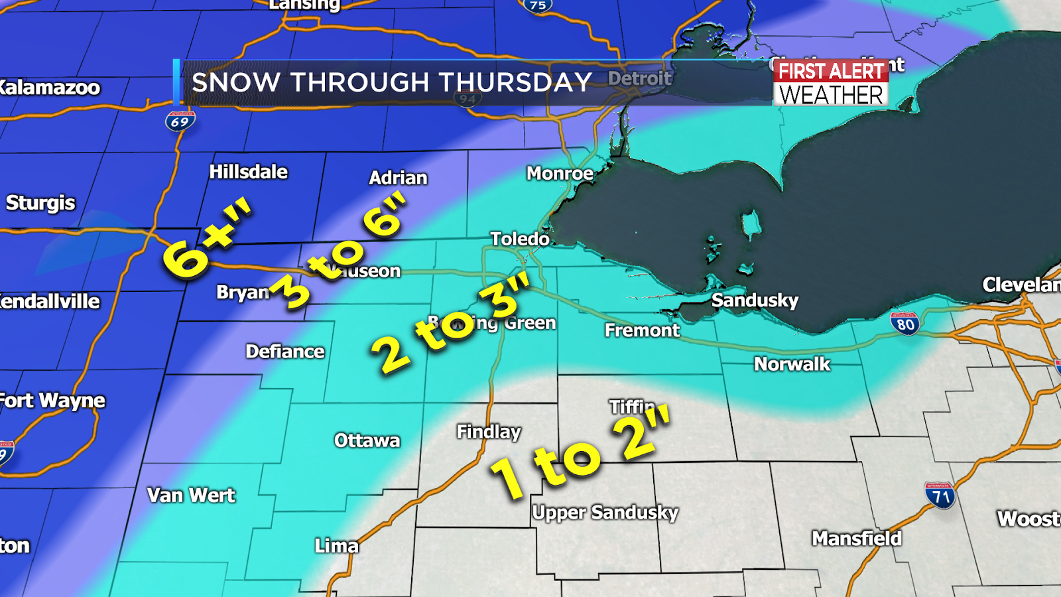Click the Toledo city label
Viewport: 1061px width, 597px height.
coord(520,239)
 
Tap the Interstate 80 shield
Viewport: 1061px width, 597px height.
coord(905,324)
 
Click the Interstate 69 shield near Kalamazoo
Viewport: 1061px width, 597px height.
coord(180,121)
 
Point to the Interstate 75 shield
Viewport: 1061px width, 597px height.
coord(537,6)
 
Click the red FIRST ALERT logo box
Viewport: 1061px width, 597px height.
coord(831,71)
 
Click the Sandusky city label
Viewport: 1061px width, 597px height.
coord(755,300)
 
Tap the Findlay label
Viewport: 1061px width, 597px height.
coord(489,432)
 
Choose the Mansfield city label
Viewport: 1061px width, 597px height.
coord(857,538)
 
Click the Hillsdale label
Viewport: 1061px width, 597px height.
coord(249,172)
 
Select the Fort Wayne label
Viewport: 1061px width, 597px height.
coord(52,401)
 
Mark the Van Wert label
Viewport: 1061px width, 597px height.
coord(191,495)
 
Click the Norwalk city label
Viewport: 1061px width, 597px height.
coord(792,364)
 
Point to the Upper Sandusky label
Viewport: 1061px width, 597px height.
coord(605,513)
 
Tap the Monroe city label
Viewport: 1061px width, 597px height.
coord(560,174)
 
